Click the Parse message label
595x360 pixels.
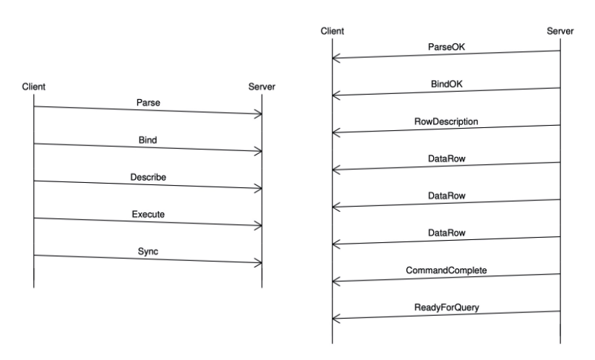147,103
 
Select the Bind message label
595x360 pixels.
147,140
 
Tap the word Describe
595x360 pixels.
147,177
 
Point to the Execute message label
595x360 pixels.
147,215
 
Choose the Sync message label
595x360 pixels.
147,252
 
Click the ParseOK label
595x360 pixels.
446,47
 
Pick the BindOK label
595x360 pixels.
446,85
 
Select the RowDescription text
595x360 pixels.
446,121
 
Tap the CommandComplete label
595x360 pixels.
446,270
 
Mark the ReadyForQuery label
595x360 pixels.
446,308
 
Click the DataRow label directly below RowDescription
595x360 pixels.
446,159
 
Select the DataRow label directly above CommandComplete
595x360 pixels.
446,233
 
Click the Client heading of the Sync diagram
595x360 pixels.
34,87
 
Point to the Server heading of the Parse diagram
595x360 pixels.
261,87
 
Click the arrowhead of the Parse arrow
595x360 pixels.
258,113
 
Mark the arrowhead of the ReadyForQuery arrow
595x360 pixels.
336,318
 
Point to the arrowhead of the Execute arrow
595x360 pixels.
258,226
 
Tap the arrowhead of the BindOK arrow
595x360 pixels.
336,95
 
